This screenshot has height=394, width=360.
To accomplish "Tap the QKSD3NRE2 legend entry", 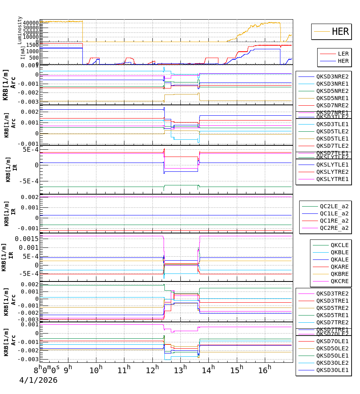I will (x=332, y=76).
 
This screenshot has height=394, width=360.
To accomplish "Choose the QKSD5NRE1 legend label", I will (x=332, y=98).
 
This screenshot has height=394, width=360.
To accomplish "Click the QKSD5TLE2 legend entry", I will (x=332, y=131).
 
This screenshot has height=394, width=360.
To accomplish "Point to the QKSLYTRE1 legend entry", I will (x=332, y=179).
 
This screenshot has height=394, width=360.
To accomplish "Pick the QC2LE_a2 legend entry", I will (x=334, y=206).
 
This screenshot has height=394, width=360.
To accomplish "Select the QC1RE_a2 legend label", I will (x=334, y=221).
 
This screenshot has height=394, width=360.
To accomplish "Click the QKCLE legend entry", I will (x=340, y=245).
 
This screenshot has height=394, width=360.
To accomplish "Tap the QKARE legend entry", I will (x=340, y=267).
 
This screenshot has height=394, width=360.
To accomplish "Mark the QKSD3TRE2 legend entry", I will (x=332, y=293).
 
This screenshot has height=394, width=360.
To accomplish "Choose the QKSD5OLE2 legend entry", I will (x=332, y=348).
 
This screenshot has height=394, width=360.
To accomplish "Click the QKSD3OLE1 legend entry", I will (x=332, y=370).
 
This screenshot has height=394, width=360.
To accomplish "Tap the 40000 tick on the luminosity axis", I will (x=30, y=23).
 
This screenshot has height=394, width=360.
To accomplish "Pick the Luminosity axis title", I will (x=20, y=30).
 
